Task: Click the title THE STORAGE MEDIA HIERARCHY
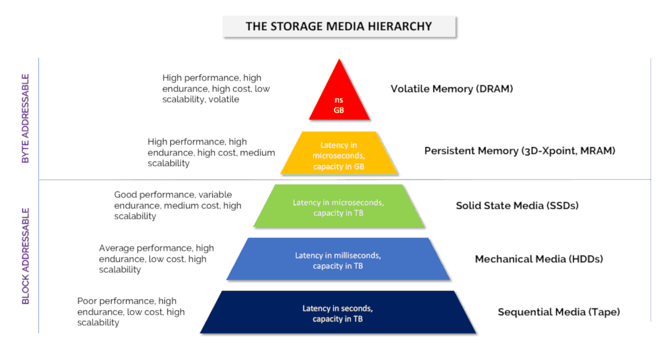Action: click(x=339, y=26)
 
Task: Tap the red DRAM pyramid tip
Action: click(x=339, y=59)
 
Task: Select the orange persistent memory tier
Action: click(x=339, y=153)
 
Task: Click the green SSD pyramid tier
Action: click(x=339, y=206)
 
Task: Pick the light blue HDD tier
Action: click(x=338, y=259)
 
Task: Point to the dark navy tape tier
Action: click(x=338, y=312)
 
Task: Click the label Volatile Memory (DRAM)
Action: click(x=452, y=89)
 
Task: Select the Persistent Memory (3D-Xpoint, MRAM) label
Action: click(x=520, y=151)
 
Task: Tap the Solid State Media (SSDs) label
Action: click(x=517, y=206)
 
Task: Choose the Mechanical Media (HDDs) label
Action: click(x=539, y=259)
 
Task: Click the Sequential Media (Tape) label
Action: click(x=559, y=312)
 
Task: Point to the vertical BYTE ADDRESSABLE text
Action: click(x=26, y=118)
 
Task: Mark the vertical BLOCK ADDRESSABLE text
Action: click(x=26, y=256)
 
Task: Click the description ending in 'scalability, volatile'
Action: click(x=216, y=89)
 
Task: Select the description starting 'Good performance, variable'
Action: click(x=177, y=205)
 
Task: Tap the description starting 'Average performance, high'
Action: click(x=157, y=259)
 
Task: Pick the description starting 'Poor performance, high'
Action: click(x=131, y=312)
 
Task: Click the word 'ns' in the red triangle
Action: click(x=339, y=100)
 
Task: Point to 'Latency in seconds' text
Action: click(x=338, y=308)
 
